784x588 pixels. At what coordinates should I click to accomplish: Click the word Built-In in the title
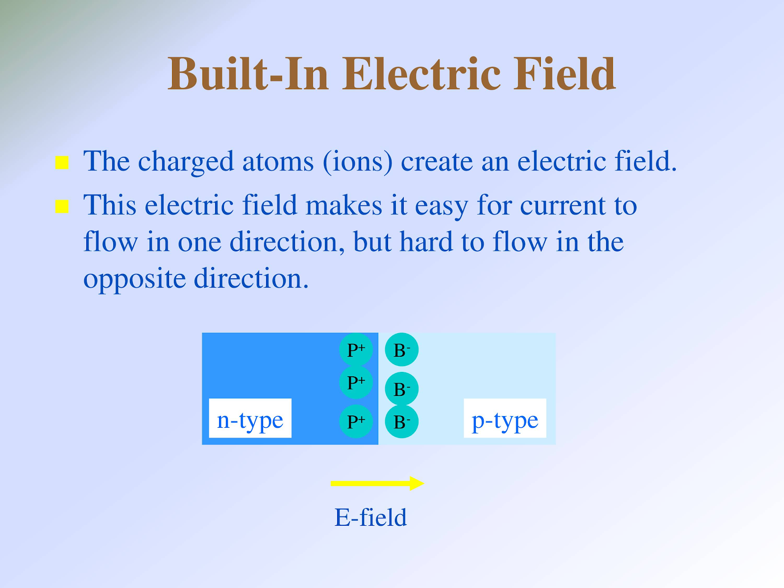[x=248, y=74]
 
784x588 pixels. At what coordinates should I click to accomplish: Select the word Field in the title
[x=564, y=74]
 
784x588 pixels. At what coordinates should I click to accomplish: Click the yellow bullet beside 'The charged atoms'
[x=62, y=163]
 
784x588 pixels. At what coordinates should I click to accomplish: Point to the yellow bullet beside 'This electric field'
[x=62, y=206]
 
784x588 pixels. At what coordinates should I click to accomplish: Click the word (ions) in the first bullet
[x=358, y=163]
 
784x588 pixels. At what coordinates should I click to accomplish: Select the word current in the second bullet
[x=563, y=206]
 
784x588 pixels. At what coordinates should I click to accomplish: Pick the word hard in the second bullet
[x=426, y=242]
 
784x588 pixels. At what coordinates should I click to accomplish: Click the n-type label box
[x=250, y=417]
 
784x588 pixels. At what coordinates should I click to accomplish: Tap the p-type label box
[x=505, y=417]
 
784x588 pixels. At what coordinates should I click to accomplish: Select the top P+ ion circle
[x=356, y=349]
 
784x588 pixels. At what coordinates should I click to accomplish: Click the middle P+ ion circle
[x=356, y=382]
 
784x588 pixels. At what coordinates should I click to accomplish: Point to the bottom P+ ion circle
[x=356, y=421]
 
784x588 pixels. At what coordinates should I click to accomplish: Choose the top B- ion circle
[x=401, y=349]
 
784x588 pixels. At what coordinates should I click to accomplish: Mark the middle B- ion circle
[x=401, y=389]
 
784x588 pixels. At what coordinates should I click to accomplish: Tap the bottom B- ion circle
[x=401, y=421]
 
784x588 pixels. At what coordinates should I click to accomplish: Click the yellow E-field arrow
[x=377, y=484]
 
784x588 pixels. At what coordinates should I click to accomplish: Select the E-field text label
[x=370, y=517]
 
